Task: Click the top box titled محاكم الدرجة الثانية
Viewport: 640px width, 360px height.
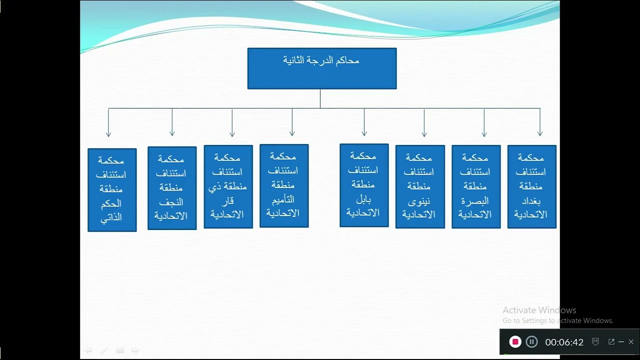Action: pos(321,68)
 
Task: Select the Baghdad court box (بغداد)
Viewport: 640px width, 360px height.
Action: pos(531,186)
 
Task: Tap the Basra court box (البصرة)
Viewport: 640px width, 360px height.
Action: pos(475,186)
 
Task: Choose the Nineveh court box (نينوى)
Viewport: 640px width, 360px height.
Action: pos(420,186)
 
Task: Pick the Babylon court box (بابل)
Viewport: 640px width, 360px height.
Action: pos(363,185)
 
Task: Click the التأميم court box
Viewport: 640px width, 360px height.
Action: pos(284,185)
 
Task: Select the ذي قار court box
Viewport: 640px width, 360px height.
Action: pos(228,186)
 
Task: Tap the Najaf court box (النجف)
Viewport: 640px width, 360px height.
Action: pos(171,188)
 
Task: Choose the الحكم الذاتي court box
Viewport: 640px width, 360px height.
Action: pos(112,189)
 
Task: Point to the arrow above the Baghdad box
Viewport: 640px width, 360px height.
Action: pos(539,122)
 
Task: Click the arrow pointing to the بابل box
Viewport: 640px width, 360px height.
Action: pos(364,122)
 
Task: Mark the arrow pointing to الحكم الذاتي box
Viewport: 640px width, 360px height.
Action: pos(108,122)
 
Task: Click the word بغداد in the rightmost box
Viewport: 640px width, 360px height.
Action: pos(530,200)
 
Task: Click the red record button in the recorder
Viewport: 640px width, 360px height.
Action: pos(515,342)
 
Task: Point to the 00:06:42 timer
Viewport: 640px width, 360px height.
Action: pos(564,342)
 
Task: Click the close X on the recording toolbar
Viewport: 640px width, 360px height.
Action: pos(631,342)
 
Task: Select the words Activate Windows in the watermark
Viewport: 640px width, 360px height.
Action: pos(539,310)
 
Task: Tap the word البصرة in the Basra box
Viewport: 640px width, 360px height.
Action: pos(475,200)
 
